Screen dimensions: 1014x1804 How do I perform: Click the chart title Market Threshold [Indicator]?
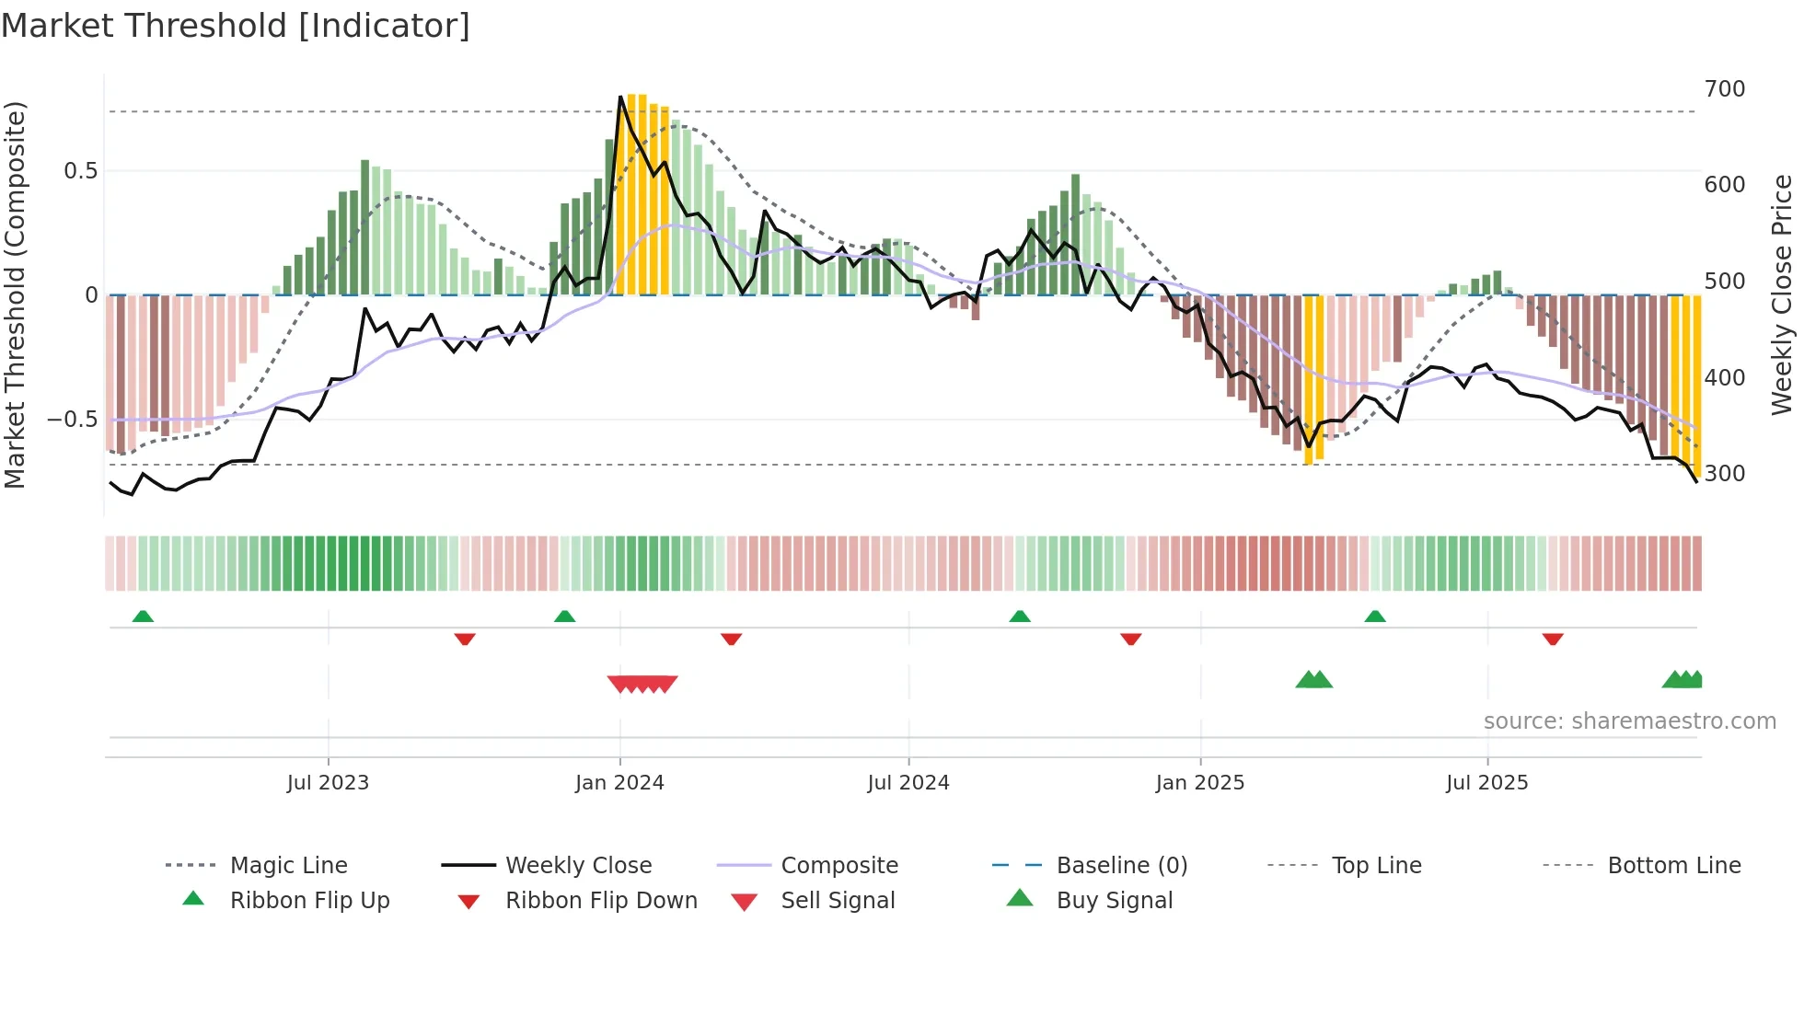(x=236, y=26)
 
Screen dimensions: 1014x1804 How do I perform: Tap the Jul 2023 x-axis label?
(x=328, y=783)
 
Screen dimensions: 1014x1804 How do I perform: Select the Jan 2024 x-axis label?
(x=619, y=783)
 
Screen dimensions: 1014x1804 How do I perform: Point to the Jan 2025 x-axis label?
(x=1200, y=783)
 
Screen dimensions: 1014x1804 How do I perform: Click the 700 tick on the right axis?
(x=1725, y=89)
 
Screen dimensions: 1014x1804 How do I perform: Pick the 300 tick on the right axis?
(x=1725, y=474)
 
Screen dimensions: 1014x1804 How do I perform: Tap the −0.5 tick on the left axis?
(x=72, y=420)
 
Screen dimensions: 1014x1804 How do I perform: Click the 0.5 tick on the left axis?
(x=80, y=171)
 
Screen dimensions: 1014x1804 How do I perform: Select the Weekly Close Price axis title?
(x=1783, y=294)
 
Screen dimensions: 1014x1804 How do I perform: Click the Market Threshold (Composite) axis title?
(x=15, y=294)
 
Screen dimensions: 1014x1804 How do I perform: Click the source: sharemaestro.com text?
(x=1629, y=721)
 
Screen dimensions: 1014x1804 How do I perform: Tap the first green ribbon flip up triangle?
(x=143, y=616)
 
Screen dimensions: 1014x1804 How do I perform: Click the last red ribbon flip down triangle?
(x=1553, y=639)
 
